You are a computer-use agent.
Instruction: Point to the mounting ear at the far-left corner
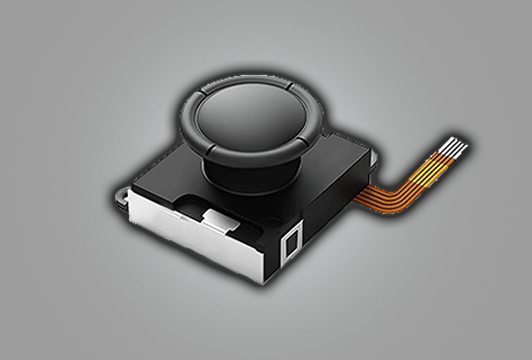121,193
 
